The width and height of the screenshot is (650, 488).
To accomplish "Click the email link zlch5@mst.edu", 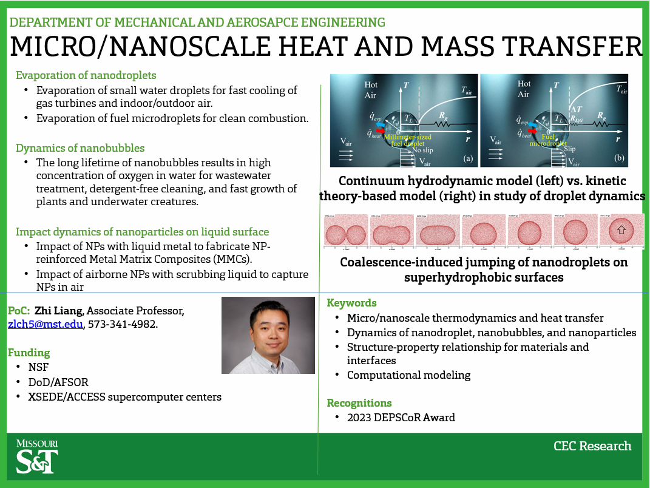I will [x=45, y=325].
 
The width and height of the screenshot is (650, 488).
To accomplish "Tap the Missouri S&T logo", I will [x=37, y=457].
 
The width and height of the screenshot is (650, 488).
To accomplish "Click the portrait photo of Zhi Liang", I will [x=268, y=335].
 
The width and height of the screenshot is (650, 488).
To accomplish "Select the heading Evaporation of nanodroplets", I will [x=86, y=75].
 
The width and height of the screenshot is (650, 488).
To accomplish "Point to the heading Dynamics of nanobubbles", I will [x=80, y=148].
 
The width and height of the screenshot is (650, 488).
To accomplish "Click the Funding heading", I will [x=29, y=353].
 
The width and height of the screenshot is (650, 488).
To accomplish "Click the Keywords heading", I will [x=352, y=303].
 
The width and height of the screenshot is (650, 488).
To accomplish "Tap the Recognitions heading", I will [x=359, y=403].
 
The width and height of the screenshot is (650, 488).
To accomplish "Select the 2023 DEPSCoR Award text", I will [x=401, y=418].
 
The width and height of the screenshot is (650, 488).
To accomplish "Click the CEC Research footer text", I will [x=592, y=446].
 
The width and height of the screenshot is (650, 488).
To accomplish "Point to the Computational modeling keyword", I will [x=408, y=375].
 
